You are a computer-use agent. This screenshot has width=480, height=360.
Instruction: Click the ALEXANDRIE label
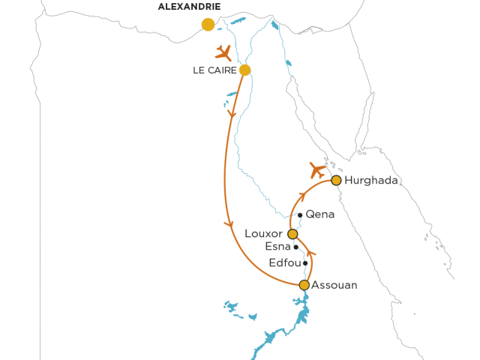[x=190, y=7]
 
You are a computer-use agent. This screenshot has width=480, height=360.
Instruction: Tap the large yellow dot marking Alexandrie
[x=208, y=25]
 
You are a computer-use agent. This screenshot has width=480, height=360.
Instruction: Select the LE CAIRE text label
[x=214, y=70]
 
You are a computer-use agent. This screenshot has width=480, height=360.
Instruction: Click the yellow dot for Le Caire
[x=244, y=70]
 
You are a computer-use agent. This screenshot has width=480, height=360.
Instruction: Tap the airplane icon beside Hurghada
[x=318, y=169]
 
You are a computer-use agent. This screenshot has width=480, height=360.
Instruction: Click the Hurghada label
[x=372, y=181]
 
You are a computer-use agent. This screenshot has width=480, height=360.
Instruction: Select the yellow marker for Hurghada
[x=337, y=180]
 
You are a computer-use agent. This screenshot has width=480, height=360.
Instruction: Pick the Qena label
[x=320, y=214]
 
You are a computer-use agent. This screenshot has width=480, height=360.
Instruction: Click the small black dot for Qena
[x=300, y=215]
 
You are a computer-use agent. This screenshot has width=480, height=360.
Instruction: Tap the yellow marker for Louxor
[x=292, y=234]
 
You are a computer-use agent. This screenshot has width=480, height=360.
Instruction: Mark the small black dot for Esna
[x=296, y=247]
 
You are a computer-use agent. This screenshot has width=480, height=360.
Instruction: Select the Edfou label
[x=284, y=263]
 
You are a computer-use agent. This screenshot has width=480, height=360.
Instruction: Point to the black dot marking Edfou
[x=305, y=263]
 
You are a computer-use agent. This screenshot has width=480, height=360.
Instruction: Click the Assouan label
[x=334, y=285]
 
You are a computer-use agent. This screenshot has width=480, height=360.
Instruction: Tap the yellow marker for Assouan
[x=304, y=285]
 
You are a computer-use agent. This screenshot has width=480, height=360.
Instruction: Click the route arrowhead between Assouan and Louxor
[x=310, y=254]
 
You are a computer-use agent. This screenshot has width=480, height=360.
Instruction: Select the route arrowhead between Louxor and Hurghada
[x=301, y=196]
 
